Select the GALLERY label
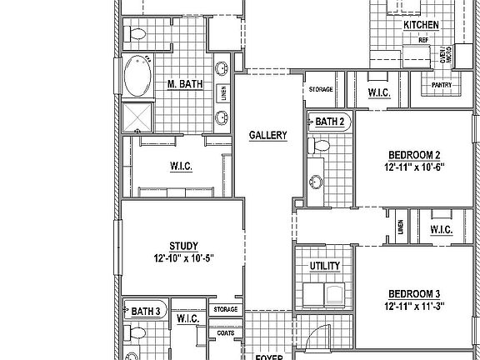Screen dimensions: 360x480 (268, 135)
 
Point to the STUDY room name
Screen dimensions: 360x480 (182, 246)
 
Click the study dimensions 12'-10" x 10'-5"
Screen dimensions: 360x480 (182, 258)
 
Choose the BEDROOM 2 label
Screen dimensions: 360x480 (413, 155)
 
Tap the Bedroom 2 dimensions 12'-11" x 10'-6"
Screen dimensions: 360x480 (413, 167)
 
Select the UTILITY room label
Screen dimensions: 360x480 (324, 266)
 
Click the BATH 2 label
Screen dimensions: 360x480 (330, 122)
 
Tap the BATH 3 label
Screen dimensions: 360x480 (147, 312)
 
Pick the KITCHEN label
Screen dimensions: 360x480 (421, 25)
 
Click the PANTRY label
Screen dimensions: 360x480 (441, 85)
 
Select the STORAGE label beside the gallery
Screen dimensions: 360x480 (321, 89)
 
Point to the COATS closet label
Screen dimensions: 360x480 (226, 332)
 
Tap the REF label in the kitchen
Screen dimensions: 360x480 (423, 40)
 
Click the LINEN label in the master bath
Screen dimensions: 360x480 (223, 92)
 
